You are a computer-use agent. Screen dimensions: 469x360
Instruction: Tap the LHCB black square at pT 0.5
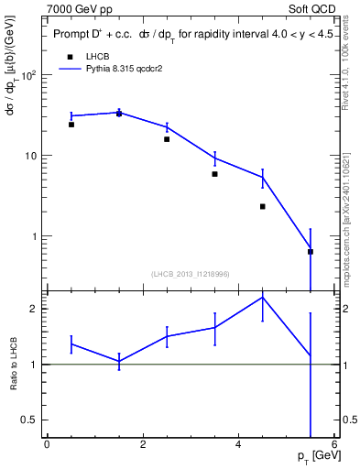point(71,125)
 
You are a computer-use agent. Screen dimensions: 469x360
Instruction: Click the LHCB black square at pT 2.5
point(167,139)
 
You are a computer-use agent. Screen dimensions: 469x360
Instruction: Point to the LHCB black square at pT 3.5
point(214,174)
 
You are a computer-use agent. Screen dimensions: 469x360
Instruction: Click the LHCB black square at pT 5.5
point(311,251)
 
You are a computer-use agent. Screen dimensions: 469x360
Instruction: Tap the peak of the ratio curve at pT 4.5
point(263,297)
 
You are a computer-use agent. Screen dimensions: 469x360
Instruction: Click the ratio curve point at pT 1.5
point(119,361)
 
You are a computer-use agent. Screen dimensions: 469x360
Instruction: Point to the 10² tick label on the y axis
point(29,76)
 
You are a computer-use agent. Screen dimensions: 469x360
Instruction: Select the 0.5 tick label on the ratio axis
point(30,420)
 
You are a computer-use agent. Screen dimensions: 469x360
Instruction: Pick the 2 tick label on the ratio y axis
point(35,309)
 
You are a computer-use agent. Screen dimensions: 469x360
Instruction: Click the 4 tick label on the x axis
point(238,444)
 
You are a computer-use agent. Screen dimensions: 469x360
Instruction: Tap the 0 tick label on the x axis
point(47,444)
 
